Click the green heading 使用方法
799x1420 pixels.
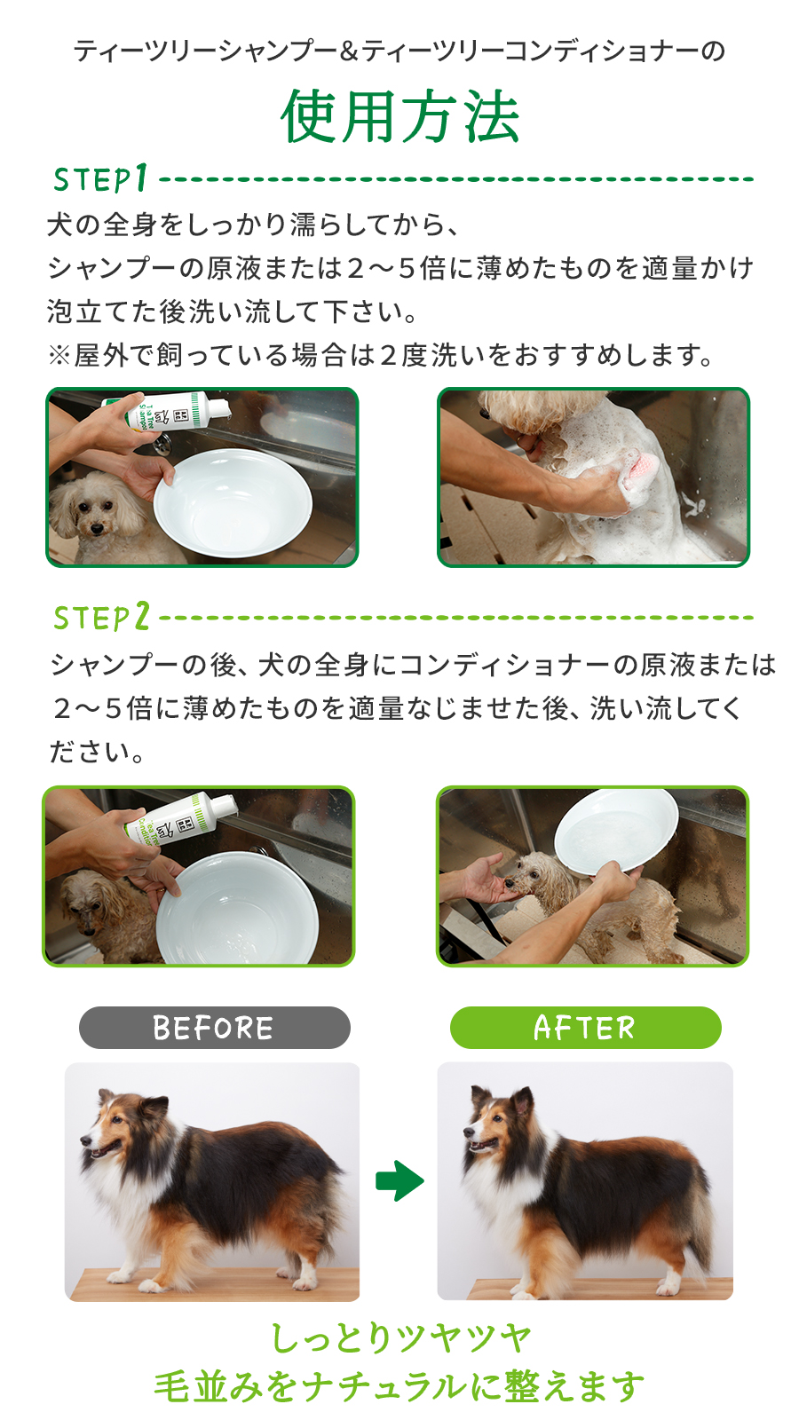click(400, 116)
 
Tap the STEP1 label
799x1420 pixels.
click(101, 178)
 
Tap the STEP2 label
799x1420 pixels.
click(101, 617)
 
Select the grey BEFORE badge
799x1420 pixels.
click(214, 1028)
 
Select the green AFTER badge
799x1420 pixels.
click(585, 1028)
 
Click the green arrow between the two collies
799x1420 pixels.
click(399, 1181)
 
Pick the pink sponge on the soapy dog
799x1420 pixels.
click(639, 470)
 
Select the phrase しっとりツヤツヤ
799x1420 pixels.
click(400, 1339)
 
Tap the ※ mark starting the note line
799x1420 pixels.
click(59, 356)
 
